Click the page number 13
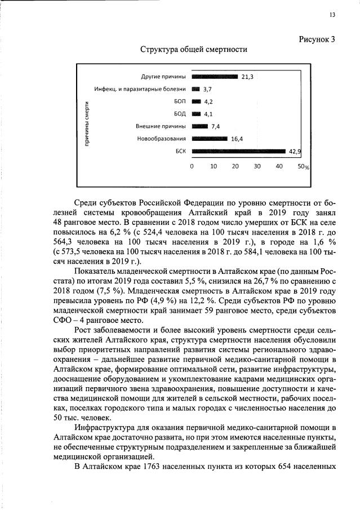[x=332, y=15]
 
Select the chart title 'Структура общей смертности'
[x=194, y=50]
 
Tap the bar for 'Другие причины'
[x=215, y=77]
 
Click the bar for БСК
[x=239, y=151]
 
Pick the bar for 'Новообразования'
[x=210, y=139]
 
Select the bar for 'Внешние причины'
[x=200, y=126]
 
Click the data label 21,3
[x=248, y=77]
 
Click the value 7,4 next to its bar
[x=215, y=127]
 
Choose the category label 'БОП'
[x=180, y=101]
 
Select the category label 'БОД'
[x=180, y=114]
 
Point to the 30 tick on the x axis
[x=257, y=167]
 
